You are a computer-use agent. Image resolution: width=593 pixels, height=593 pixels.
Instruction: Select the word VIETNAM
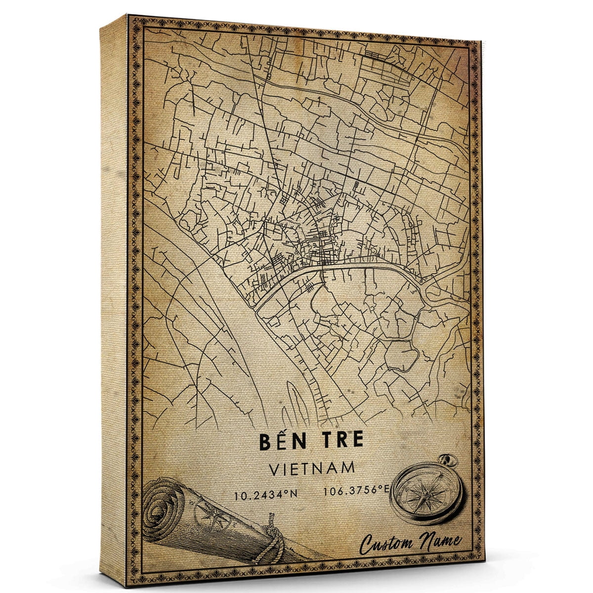click(312, 468)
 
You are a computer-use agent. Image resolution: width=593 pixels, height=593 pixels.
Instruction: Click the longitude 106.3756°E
click(356, 491)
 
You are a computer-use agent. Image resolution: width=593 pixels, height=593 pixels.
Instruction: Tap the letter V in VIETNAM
click(274, 468)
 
